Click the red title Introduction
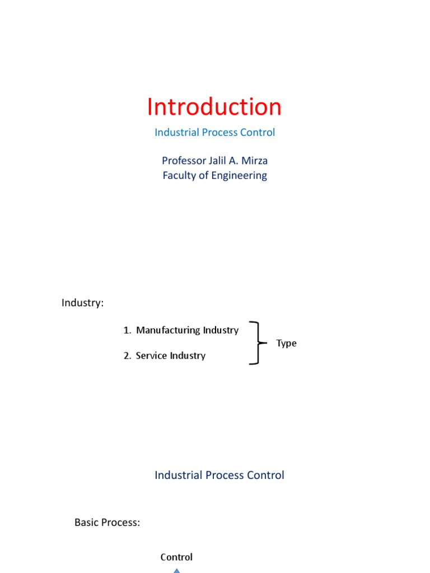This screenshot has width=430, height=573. pos(214,107)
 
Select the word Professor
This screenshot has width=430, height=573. pos(184,161)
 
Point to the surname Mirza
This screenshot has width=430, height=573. pos(255,161)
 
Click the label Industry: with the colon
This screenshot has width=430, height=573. pos(83,303)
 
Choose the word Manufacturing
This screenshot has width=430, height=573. pos(168,330)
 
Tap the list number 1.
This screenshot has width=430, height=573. pos(127,330)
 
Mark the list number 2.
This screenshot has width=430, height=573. pos(127,355)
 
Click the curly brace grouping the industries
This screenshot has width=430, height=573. pos(258,343)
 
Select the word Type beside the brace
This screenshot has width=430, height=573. pos(286,343)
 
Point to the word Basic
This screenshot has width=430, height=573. pos(87,523)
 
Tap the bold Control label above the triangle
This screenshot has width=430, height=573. pos(176,557)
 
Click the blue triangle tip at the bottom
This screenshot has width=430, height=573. pos(176,569)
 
